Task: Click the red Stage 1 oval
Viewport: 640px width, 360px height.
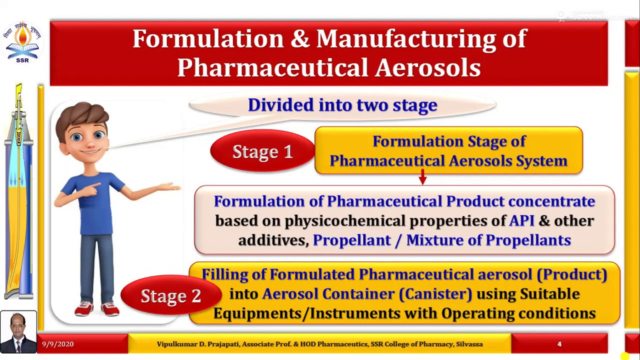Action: click(262, 151)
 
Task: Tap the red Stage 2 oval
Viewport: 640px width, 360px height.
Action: click(170, 295)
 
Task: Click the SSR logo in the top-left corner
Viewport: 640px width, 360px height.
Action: click(22, 43)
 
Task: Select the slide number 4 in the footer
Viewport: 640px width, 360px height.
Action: click(559, 344)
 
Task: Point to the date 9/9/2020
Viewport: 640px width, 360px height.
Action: click(58, 344)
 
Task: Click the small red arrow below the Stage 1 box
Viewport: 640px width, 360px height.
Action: click(422, 177)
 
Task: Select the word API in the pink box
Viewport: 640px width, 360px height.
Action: click(522, 220)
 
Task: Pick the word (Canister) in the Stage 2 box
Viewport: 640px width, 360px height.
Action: click(435, 293)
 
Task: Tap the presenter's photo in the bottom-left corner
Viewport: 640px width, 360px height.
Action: click(18, 332)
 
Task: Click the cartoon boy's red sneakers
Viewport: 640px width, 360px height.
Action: click(97, 309)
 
